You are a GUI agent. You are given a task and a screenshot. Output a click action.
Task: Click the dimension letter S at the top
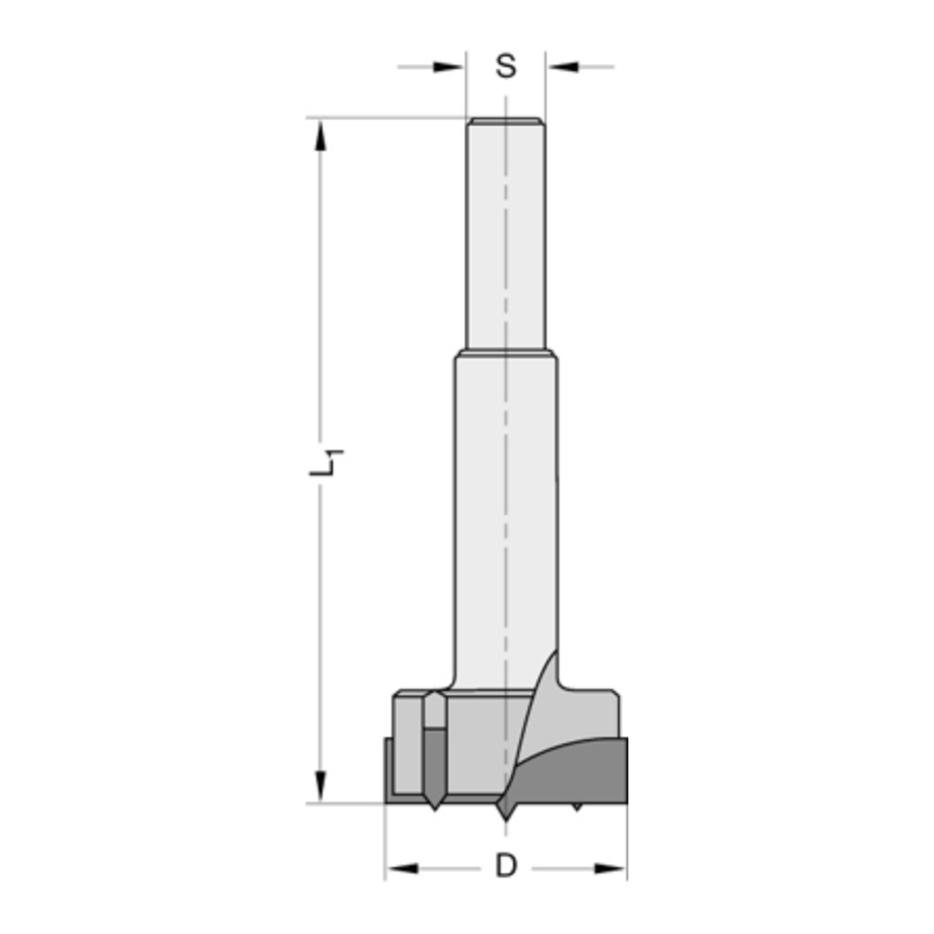[x=505, y=67]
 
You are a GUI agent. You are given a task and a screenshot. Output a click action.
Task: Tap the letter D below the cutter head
[x=505, y=867]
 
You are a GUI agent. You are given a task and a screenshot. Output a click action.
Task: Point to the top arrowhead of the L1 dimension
[x=320, y=135]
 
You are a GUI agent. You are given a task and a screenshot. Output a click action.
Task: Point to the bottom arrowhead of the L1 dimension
[x=320, y=785]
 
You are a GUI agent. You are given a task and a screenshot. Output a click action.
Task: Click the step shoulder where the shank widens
[x=505, y=353]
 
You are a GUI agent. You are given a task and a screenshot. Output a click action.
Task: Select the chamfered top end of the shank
[x=505, y=120]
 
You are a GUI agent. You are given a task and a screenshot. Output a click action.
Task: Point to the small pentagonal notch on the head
[x=435, y=711]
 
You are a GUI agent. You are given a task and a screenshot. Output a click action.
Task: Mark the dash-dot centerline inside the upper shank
[x=505, y=233]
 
